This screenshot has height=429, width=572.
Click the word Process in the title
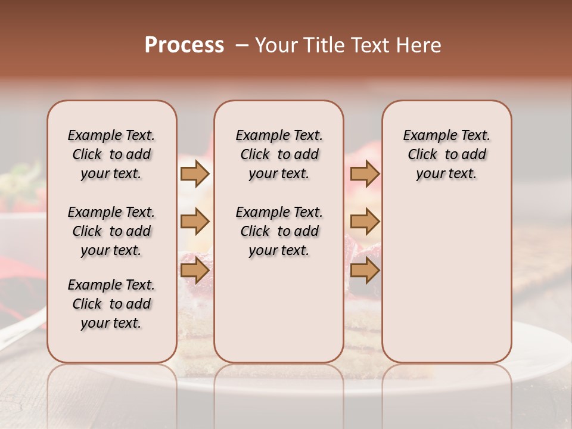[184, 45]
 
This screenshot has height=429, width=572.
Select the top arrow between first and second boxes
[194, 174]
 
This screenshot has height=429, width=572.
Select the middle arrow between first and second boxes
[194, 222]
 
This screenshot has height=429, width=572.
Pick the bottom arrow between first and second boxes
[194, 271]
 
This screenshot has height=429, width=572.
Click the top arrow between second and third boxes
[365, 174]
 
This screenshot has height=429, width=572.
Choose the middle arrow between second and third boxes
[365, 222]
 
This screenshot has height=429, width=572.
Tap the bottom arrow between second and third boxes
[365, 271]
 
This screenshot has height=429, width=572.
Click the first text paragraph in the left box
[111, 154]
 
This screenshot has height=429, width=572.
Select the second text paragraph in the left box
[111, 231]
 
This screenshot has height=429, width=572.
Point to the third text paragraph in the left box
[111, 304]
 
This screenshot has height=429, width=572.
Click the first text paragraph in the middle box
[279, 154]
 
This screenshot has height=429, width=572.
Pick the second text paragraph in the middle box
[279, 231]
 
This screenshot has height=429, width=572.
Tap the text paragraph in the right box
[447, 154]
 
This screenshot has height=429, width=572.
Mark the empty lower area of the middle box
[279, 310]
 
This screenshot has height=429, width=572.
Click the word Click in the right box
[422, 154]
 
